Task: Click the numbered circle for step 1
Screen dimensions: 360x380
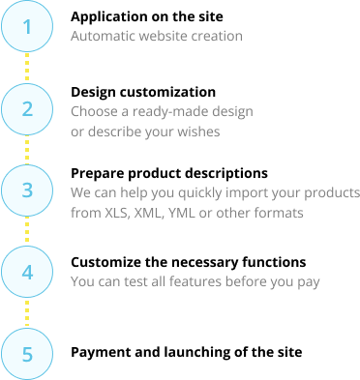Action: pyautogui.click(x=27, y=26)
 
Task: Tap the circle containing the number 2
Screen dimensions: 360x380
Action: pyautogui.click(x=27, y=109)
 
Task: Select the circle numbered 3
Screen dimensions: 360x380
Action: pyautogui.click(x=27, y=190)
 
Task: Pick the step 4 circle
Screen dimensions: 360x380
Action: pyautogui.click(x=27, y=272)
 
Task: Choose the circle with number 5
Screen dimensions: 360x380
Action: pyautogui.click(x=27, y=354)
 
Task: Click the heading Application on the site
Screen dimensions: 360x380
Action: pyautogui.click(x=147, y=17)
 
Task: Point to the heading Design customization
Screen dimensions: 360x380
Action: pyautogui.click(x=143, y=92)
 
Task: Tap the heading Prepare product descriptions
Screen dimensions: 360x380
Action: pyautogui.click(x=169, y=174)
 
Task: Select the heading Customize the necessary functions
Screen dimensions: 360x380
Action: pyautogui.click(x=189, y=262)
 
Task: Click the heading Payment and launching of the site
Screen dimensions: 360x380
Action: pyautogui.click(x=187, y=352)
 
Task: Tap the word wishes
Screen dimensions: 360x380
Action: pyautogui.click(x=198, y=132)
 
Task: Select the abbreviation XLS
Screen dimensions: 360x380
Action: pyautogui.click(x=117, y=213)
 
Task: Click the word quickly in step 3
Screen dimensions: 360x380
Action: pyautogui.click(x=200, y=193)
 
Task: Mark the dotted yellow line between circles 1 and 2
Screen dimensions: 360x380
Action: pyautogui.click(x=27, y=68)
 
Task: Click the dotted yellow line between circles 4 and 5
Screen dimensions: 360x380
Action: pyautogui.click(x=27, y=313)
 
